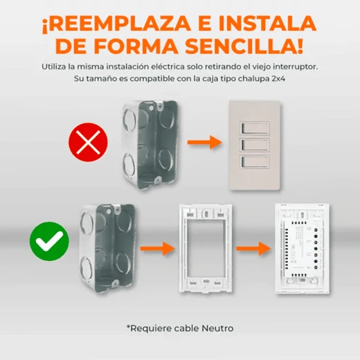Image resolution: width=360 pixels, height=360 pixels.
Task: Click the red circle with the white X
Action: coord(88,142)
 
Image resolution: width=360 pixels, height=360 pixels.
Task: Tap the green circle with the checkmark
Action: coord(49,241)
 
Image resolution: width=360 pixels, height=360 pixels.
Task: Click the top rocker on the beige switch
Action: coord(254,128)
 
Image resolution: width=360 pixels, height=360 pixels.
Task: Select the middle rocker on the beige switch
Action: coord(254,145)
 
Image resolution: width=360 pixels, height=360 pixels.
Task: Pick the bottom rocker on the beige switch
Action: coord(254,161)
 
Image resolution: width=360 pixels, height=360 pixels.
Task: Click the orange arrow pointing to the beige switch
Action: coord(205,142)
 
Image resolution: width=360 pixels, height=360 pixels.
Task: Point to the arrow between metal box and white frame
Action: coord(157,248)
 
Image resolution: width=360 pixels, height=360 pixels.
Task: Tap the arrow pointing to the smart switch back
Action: coord(253,248)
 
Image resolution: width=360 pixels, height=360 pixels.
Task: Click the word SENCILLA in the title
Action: coord(244,47)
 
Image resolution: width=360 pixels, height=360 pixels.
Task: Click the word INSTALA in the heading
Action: coord(268,23)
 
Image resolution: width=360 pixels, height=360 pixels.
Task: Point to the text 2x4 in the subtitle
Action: coord(278,79)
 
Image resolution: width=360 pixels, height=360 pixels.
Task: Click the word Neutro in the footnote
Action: coord(218,328)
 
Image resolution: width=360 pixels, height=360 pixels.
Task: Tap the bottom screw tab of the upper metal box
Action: coord(157,180)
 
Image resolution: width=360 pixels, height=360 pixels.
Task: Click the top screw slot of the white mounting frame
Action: coord(206,214)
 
